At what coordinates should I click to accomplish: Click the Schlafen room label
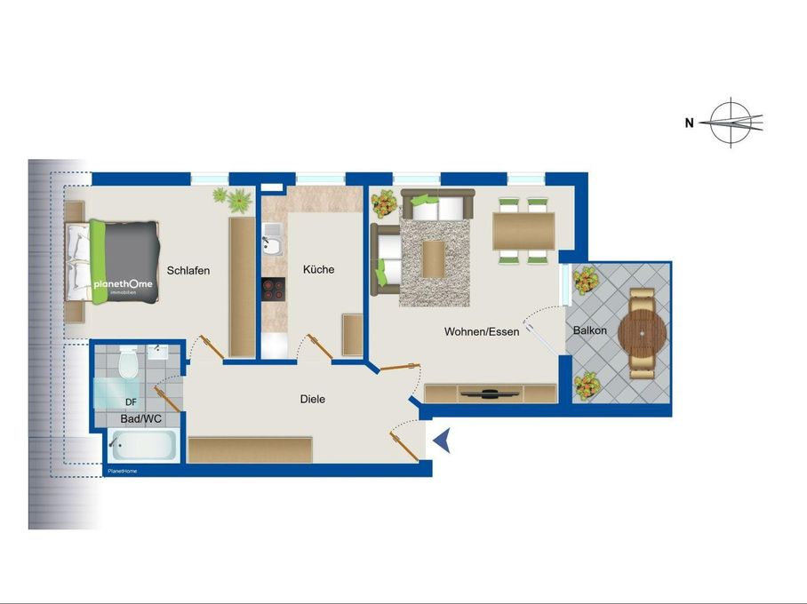[x=188, y=271]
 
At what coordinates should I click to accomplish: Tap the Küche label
[x=318, y=270]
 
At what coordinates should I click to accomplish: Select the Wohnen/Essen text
[x=482, y=332]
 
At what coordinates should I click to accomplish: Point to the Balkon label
[x=590, y=330]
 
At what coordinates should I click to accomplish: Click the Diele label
[x=313, y=399]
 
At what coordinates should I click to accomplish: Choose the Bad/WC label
[x=140, y=418]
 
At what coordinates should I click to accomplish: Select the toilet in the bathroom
[x=128, y=362]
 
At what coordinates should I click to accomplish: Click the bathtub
[x=142, y=446]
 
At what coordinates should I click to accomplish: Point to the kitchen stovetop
[x=273, y=290]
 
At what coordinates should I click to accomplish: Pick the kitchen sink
[x=271, y=240]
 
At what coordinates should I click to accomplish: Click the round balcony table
[x=643, y=333]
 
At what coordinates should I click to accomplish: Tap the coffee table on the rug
[x=434, y=258]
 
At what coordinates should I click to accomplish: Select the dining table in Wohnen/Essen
[x=523, y=232]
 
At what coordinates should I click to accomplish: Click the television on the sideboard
[x=489, y=394]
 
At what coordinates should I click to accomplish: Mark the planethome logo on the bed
[x=123, y=284]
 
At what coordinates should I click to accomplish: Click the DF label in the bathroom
[x=131, y=402]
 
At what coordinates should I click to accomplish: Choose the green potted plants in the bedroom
[x=233, y=200]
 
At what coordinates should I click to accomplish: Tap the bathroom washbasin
[x=157, y=352]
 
